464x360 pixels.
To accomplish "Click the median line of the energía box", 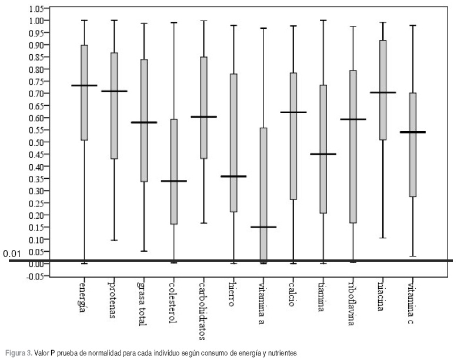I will tap(84, 85).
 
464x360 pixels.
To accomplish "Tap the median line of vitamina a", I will tap(263, 227).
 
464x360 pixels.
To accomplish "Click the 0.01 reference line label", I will tap(13, 254).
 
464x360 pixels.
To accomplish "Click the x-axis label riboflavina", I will tap(352, 306).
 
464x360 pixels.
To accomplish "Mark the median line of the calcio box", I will tap(293, 112).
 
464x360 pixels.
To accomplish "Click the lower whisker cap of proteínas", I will tap(114, 240).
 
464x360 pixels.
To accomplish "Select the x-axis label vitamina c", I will tap(412, 303).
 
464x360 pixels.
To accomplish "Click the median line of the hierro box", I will tap(233, 176).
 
